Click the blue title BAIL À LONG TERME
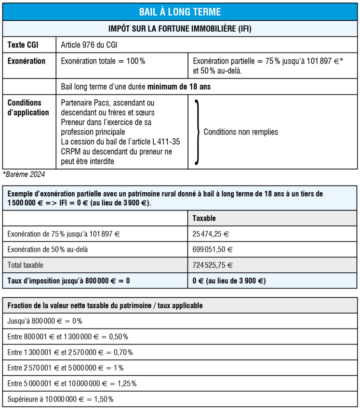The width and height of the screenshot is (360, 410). click(x=180, y=12)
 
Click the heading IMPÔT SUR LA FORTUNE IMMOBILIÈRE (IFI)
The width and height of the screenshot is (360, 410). click(x=180, y=29)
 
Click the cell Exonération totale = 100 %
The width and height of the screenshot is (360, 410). click(x=103, y=61)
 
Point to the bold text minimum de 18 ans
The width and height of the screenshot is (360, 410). click(x=179, y=87)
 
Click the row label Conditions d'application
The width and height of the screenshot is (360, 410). click(x=28, y=107)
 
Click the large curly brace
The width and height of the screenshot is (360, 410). click(x=197, y=132)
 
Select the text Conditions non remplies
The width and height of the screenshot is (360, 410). click(x=241, y=132)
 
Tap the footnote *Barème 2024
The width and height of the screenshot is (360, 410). click(x=24, y=174)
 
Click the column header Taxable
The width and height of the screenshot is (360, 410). click(x=204, y=218)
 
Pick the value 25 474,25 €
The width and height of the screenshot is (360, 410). click(x=210, y=234)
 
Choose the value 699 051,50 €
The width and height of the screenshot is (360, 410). click(x=213, y=250)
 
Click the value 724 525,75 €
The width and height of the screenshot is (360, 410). click(x=213, y=265)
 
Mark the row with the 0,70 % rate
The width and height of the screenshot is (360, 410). click(x=70, y=352)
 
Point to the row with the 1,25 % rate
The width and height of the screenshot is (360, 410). click(x=72, y=384)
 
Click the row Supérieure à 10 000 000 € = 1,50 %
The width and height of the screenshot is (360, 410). click(x=60, y=399)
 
